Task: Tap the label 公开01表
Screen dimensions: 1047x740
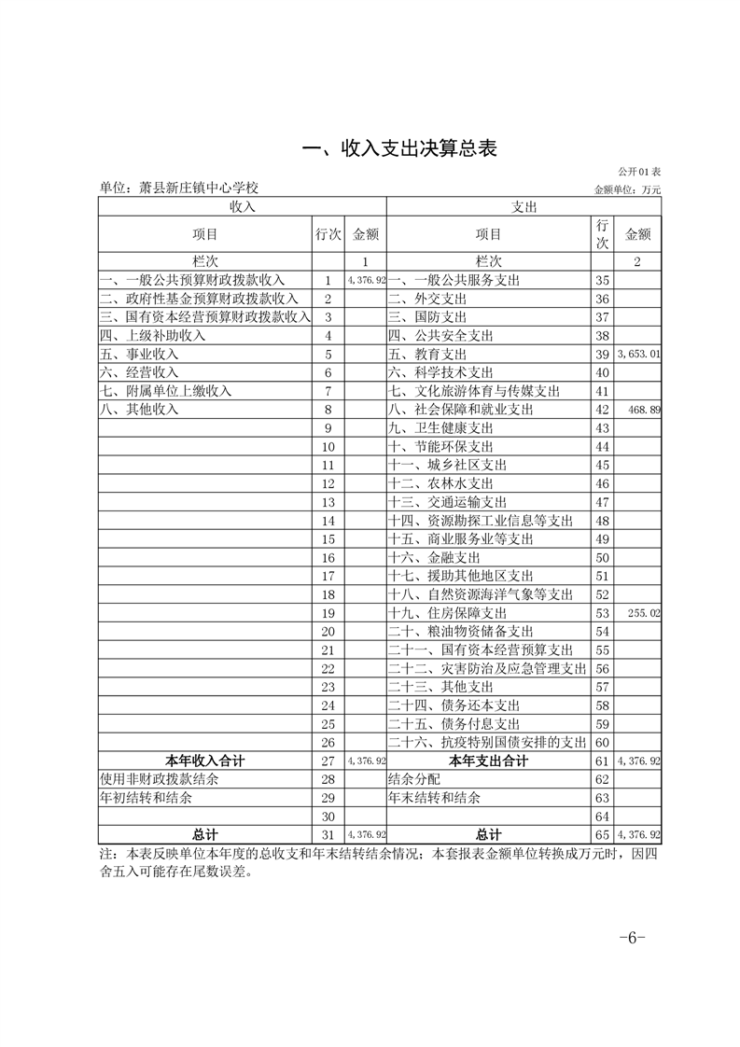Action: click(x=639, y=173)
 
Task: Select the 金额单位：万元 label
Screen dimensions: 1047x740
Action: click(x=627, y=189)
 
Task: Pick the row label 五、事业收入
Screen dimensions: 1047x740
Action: click(x=139, y=355)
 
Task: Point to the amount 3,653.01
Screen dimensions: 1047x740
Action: click(x=639, y=355)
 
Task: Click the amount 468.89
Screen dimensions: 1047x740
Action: click(x=645, y=410)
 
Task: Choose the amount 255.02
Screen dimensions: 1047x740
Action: click(x=645, y=613)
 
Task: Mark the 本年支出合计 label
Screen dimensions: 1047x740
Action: click(x=488, y=761)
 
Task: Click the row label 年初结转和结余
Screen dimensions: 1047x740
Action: click(x=147, y=798)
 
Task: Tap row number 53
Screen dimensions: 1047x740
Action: click(x=602, y=613)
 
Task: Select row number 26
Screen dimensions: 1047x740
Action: click(x=328, y=742)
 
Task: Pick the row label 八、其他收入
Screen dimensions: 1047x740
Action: click(x=139, y=410)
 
